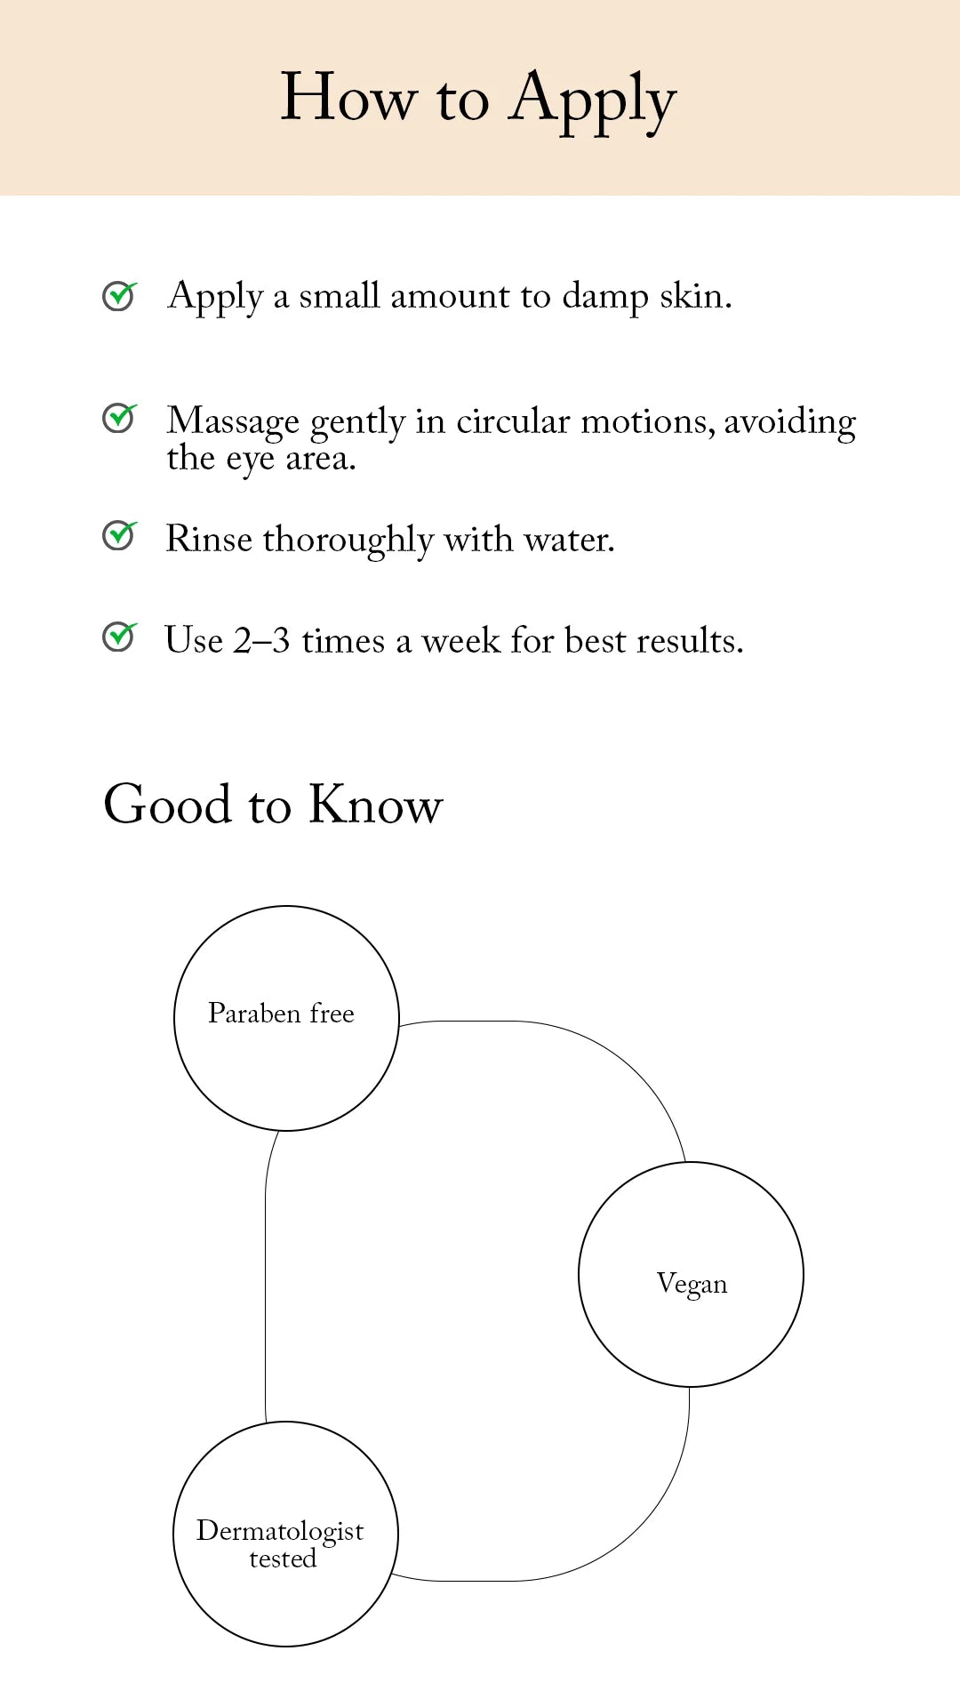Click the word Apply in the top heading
pos(592,100)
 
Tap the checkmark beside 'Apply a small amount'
pos(119,296)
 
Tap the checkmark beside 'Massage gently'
pos(119,418)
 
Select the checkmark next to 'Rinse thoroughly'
pos(119,535)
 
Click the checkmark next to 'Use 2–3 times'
pos(119,637)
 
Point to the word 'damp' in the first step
pos(604,297)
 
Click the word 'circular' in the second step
pos(512,421)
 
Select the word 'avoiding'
pos(789,421)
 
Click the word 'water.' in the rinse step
pos(569,540)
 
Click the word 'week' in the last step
pos(460,641)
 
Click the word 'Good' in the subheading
pos(168,805)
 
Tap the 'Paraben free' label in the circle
pos(281,1014)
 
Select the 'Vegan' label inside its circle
pos(692,1285)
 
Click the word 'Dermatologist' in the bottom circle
pos(280,1531)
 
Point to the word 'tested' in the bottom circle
pos(283,1559)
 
